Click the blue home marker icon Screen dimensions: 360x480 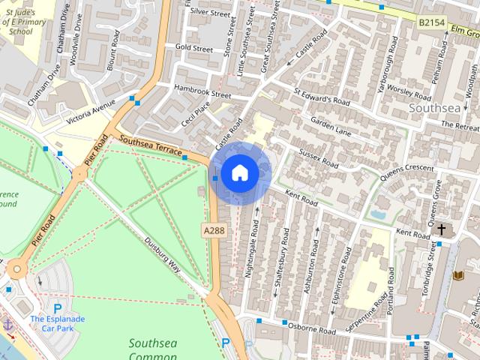tap(239, 173)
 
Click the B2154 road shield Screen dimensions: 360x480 tap(431, 24)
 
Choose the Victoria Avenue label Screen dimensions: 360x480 tap(91, 112)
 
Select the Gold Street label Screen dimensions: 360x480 tap(194, 47)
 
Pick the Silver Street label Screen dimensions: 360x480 tap(210, 12)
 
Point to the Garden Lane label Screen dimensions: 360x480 tap(331, 124)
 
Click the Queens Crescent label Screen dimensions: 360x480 tap(407, 172)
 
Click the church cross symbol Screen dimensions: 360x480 tap(442, 229)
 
